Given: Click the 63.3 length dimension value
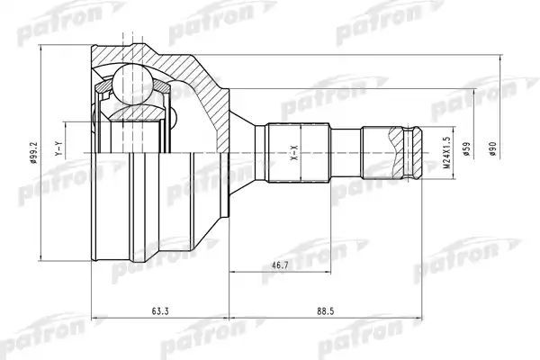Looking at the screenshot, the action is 160,311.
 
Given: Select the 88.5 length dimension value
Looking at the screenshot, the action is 326,311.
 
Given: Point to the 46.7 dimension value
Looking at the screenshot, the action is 280,265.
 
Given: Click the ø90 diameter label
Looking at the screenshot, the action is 492,148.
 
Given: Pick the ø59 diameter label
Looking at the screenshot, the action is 466,148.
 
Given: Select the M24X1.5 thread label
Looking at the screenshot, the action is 446,152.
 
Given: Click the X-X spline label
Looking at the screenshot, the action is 293,152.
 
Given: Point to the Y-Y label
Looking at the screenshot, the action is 58,148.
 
